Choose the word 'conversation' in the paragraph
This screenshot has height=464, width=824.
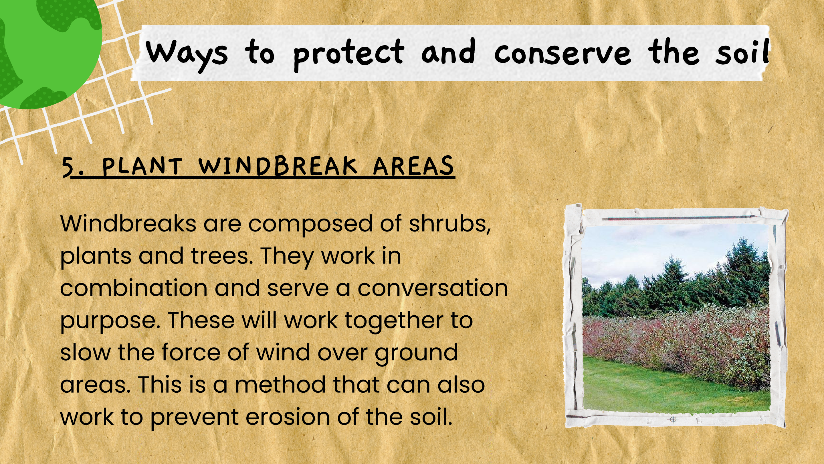(x=433, y=288)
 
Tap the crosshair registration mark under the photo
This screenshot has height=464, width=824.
(x=673, y=419)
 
